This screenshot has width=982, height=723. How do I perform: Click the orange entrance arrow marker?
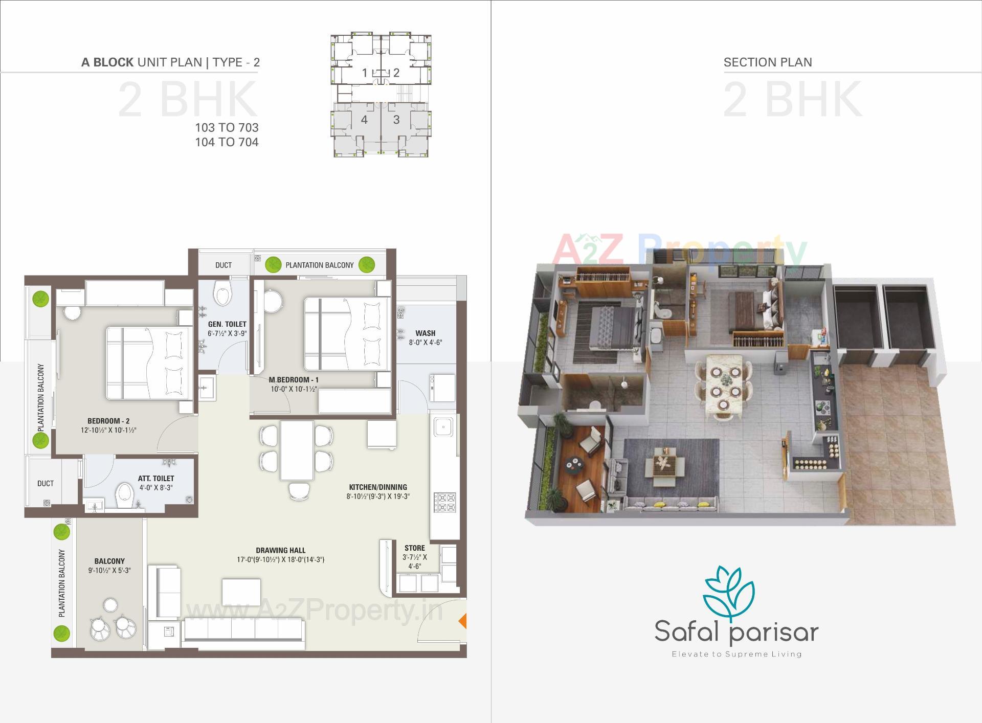(x=462, y=621)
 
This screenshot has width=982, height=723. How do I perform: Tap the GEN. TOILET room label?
(x=227, y=324)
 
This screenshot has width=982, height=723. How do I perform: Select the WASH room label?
(x=425, y=333)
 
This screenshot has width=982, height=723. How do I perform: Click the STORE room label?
(x=414, y=548)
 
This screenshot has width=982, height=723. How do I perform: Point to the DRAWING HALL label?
(x=280, y=551)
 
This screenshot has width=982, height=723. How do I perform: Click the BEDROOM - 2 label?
(x=108, y=421)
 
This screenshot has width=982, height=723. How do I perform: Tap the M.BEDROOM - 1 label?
(x=294, y=380)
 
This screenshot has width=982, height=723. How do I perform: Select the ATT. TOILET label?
(x=156, y=479)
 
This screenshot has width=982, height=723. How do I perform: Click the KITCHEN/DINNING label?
(x=378, y=487)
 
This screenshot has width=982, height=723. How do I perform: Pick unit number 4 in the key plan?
(x=364, y=120)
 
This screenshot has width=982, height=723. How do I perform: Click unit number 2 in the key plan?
(x=396, y=73)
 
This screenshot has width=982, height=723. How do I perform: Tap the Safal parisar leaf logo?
(x=729, y=593)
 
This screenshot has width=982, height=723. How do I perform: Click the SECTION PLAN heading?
(x=767, y=62)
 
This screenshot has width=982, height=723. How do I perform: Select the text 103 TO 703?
(x=227, y=127)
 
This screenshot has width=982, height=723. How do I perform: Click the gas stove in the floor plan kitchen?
(x=444, y=502)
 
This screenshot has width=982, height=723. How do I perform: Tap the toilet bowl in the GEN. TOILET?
(x=224, y=295)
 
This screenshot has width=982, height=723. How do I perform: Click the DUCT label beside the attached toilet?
(x=46, y=483)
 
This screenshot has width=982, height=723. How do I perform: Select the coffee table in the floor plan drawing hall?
(x=241, y=592)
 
